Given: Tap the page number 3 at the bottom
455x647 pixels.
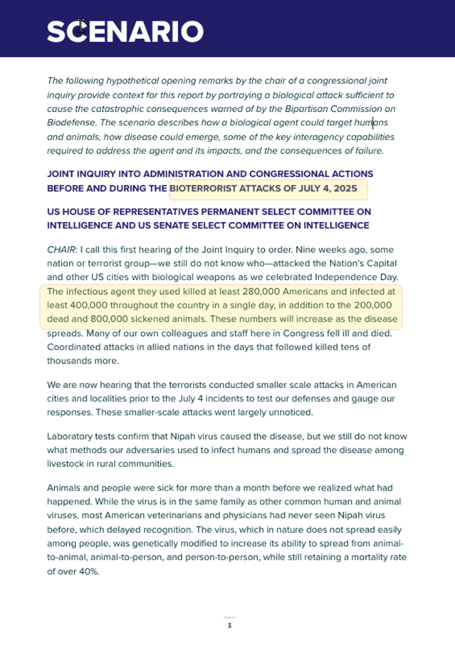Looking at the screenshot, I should [x=229, y=626].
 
